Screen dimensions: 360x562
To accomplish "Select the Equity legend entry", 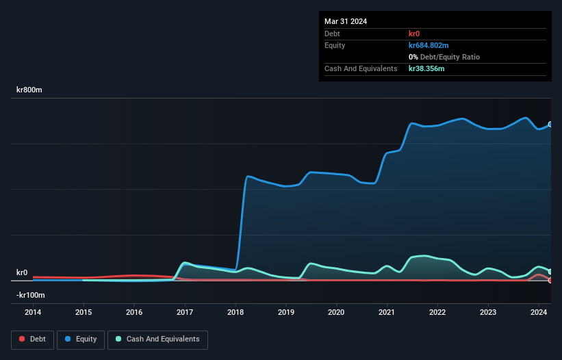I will coord(81,339).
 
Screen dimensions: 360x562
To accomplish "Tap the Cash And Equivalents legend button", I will coord(157,339).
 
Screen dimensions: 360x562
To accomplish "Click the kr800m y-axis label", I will coord(29,90).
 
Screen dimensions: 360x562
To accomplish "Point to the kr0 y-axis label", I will coord(22,272).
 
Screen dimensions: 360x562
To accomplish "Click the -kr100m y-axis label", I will coord(31,295).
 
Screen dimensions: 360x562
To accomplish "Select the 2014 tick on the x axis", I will coord(33,312).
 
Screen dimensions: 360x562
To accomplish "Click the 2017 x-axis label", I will coord(185,312).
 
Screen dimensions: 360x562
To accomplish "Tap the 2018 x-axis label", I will coord(235,312).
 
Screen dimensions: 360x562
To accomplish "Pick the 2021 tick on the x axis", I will coord(387,312).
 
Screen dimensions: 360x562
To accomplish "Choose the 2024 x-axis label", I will coord(539,312).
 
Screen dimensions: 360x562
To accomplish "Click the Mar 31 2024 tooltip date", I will coord(346,21).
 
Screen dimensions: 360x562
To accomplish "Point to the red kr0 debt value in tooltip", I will coord(415,34).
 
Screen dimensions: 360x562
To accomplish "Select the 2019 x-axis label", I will coord(286,312).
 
